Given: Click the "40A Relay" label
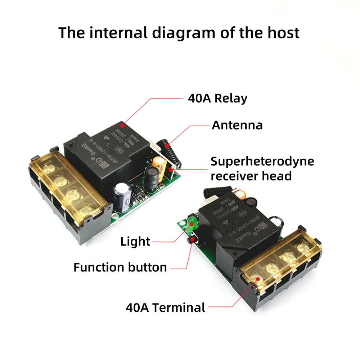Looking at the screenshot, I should [217, 98].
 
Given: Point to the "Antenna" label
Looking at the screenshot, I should [237, 125].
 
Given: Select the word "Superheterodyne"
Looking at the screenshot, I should [262, 161].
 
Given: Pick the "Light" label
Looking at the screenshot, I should [135, 242].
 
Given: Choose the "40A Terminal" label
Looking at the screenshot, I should [165, 308].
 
